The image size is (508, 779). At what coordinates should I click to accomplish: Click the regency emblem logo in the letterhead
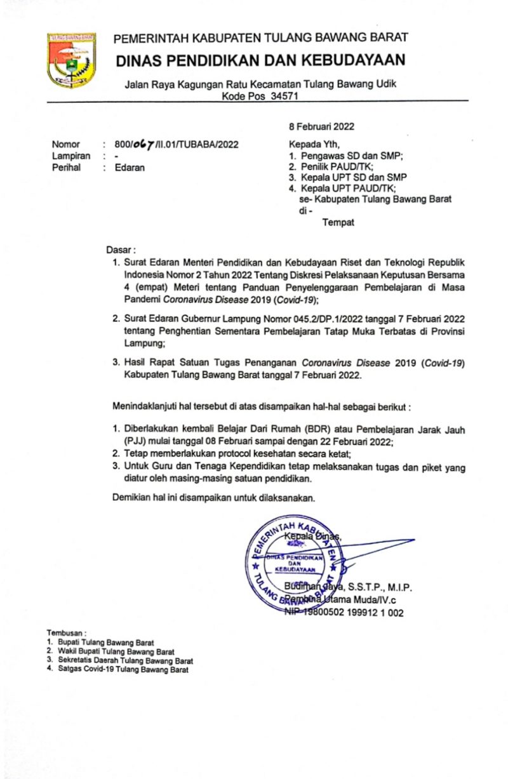point(71,60)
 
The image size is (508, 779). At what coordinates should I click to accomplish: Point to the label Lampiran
point(70,156)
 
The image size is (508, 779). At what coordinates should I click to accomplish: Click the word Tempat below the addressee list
point(338,222)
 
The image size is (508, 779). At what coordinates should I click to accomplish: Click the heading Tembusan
point(66,633)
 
